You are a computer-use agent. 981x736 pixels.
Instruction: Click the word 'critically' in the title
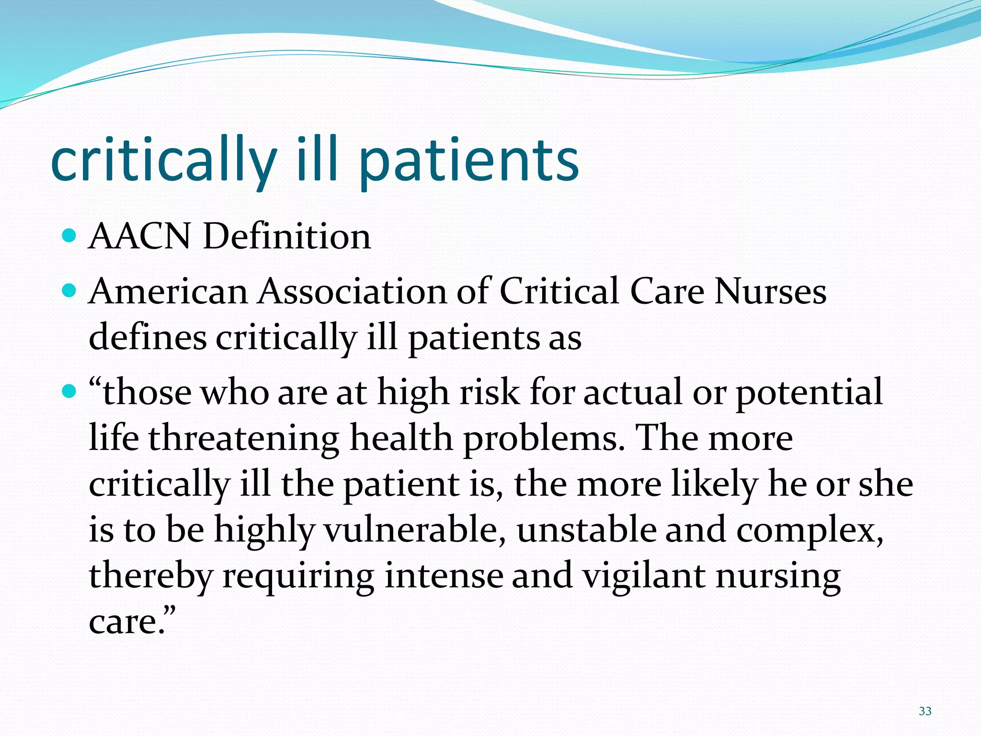click(163, 161)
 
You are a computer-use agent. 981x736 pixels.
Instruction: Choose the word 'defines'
click(148, 337)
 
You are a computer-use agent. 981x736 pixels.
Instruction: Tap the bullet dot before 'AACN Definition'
click(69, 236)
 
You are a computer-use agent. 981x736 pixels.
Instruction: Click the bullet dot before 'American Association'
click(69, 290)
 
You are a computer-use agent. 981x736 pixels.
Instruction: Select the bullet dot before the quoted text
click(69, 391)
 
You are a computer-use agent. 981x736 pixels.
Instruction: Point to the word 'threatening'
click(244, 438)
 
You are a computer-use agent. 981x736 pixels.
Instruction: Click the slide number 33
click(925, 711)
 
